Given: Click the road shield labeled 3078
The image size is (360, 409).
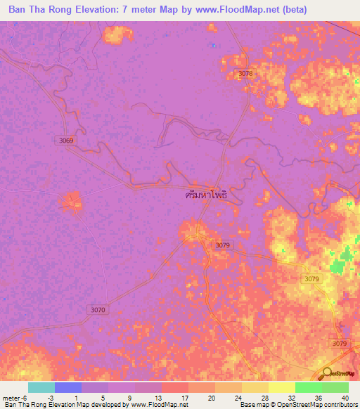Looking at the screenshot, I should pyautogui.click(x=245, y=74).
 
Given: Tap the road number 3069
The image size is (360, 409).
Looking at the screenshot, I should pyautogui.click(x=66, y=141).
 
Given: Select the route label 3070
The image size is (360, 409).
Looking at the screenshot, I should pyautogui.click(x=98, y=309).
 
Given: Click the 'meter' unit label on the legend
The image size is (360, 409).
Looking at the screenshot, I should pyautogui.click(x=11, y=398).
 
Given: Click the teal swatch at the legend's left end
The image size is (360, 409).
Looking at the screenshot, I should pyautogui.click(x=41, y=387).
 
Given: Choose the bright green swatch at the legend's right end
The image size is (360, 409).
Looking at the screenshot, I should pyautogui.click(x=335, y=387).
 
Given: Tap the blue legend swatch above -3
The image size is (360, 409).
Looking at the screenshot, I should pyautogui.click(x=68, y=387).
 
